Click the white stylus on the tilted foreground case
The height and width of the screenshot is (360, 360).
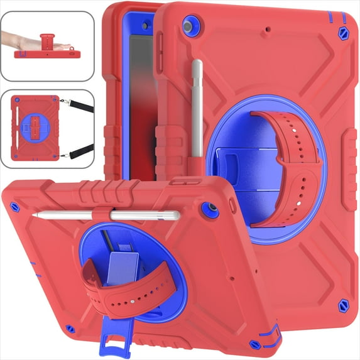(x=113, y=215)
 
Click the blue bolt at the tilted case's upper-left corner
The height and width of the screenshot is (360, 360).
(x=16, y=207)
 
